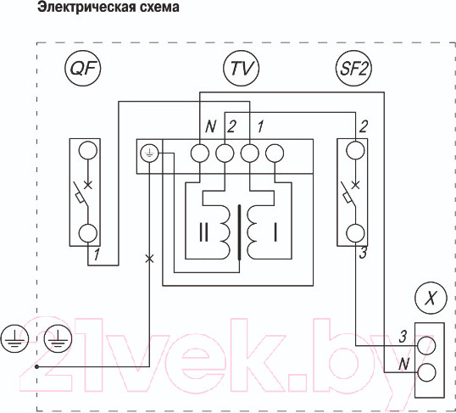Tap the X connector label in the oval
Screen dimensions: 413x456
point(431,299)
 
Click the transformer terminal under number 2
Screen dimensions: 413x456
point(225,153)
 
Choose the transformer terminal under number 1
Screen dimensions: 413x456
point(249,153)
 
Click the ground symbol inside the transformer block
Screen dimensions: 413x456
point(149,153)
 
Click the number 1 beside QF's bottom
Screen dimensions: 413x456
point(98,254)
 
